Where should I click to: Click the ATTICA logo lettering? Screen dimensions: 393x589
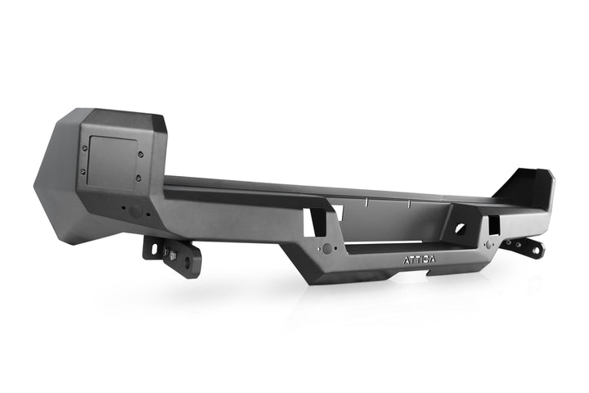pyautogui.click(x=420, y=260)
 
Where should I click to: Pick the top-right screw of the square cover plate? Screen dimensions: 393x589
pyautogui.click(x=139, y=152)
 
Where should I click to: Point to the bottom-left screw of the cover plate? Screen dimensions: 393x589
pyautogui.click(x=83, y=170)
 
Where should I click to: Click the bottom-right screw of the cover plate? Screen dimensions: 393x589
pyautogui.click(x=137, y=178)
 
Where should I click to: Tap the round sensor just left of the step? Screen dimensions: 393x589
pyautogui.click(x=327, y=248)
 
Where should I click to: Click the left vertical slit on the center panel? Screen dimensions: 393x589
pyautogui.click(x=369, y=202)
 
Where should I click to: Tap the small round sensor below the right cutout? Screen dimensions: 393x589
pyautogui.click(x=489, y=243)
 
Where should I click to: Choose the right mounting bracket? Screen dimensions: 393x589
pyautogui.click(x=524, y=246)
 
